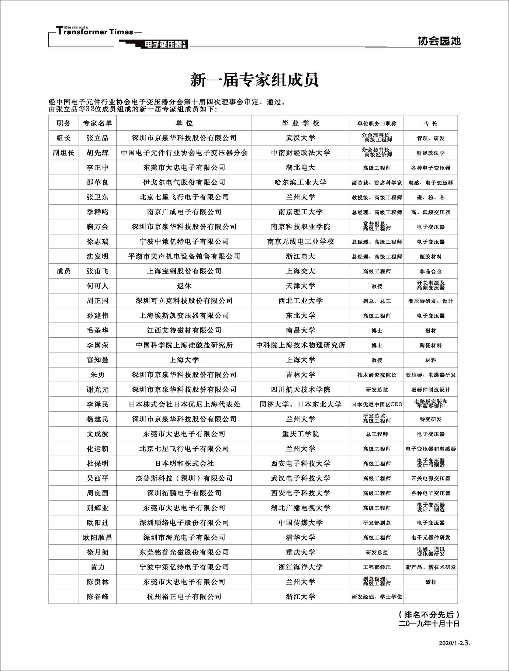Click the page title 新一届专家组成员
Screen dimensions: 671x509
tap(254, 80)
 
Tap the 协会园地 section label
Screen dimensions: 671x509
tap(439, 41)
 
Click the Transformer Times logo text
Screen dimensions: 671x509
tap(95, 32)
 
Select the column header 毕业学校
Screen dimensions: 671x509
tap(301, 123)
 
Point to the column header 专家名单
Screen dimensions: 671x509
tap(98, 123)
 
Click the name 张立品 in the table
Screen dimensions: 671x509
tap(98, 138)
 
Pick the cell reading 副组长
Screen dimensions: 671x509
tap(63, 153)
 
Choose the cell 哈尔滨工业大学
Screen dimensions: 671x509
tap(301, 182)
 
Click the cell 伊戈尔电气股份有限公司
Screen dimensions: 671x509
tap(184, 182)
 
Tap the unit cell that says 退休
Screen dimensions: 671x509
tap(184, 286)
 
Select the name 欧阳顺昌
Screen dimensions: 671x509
tap(98, 538)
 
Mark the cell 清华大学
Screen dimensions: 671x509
tap(301, 538)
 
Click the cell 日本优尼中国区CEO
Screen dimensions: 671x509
tap(377, 404)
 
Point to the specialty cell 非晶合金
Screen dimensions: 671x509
tap(431, 271)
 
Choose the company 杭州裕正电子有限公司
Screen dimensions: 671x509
tap(184, 597)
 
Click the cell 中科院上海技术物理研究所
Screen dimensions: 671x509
tap(301, 345)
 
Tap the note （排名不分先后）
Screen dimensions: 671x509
tap(429, 615)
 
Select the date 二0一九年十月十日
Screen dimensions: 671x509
tap(429, 624)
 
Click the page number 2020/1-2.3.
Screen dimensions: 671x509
tap(455, 643)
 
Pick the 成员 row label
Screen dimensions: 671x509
tap(63, 271)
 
